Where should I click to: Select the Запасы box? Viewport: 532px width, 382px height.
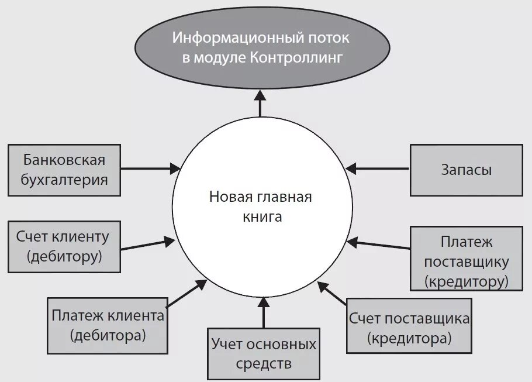point(466,170)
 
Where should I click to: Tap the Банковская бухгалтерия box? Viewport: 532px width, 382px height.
point(64,170)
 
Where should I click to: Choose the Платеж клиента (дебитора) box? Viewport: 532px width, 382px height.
point(108,325)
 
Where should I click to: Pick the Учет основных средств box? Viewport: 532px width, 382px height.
point(264,353)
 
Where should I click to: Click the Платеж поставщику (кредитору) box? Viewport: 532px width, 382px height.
point(467,259)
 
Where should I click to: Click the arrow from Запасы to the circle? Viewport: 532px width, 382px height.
point(378,168)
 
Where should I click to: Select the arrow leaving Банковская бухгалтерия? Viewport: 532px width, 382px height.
point(151,168)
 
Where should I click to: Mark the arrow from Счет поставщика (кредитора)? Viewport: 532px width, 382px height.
point(333,294)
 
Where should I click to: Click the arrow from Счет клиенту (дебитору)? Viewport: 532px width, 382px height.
point(147,243)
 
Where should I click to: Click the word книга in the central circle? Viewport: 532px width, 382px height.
point(262,217)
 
